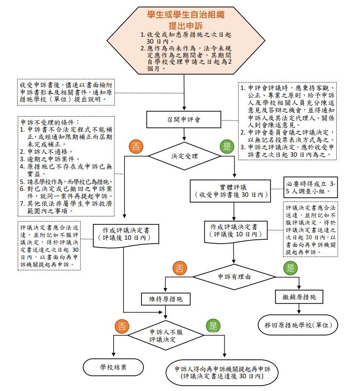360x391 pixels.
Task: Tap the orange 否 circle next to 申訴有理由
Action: point(179,268)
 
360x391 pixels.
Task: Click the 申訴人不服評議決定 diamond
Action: point(170,336)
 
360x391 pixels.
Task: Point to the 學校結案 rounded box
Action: point(113,367)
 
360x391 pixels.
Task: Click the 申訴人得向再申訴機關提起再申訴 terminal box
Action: point(222,372)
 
